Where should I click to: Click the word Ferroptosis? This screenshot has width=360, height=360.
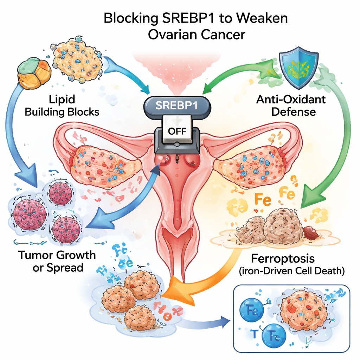pyautogui.click(x=283, y=259)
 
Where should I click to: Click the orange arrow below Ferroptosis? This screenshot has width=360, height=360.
pyautogui.click(x=197, y=278)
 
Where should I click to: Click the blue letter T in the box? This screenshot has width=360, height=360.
pyautogui.click(x=255, y=333)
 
